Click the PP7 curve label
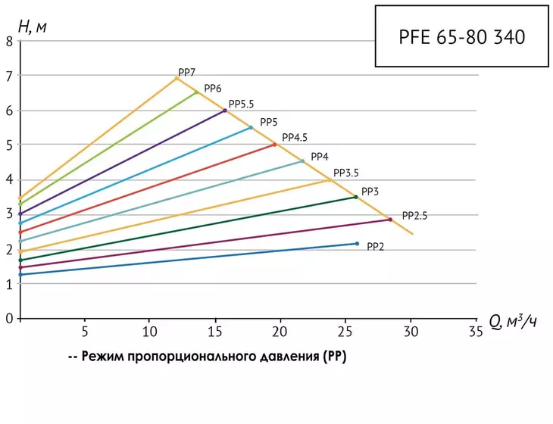pos(186,73)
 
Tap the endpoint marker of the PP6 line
pos(197,92)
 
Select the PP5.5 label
pos(241,104)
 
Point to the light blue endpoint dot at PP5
pos(251,128)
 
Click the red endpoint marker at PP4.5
pos(275,145)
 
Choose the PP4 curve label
pos(320,157)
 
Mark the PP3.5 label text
pos(346,173)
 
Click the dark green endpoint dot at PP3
pos(356,197)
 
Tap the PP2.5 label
pos(415,216)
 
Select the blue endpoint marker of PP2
pos(357,244)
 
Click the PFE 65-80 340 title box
pos(461,36)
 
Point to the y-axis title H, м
pos(32,26)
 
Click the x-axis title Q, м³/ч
pos(513,323)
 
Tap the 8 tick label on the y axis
pos(9,42)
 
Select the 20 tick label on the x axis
pos(280,332)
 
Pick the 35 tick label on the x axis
pos(476,332)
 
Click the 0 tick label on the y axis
pos(9,319)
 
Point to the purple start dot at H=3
pos(20,214)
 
